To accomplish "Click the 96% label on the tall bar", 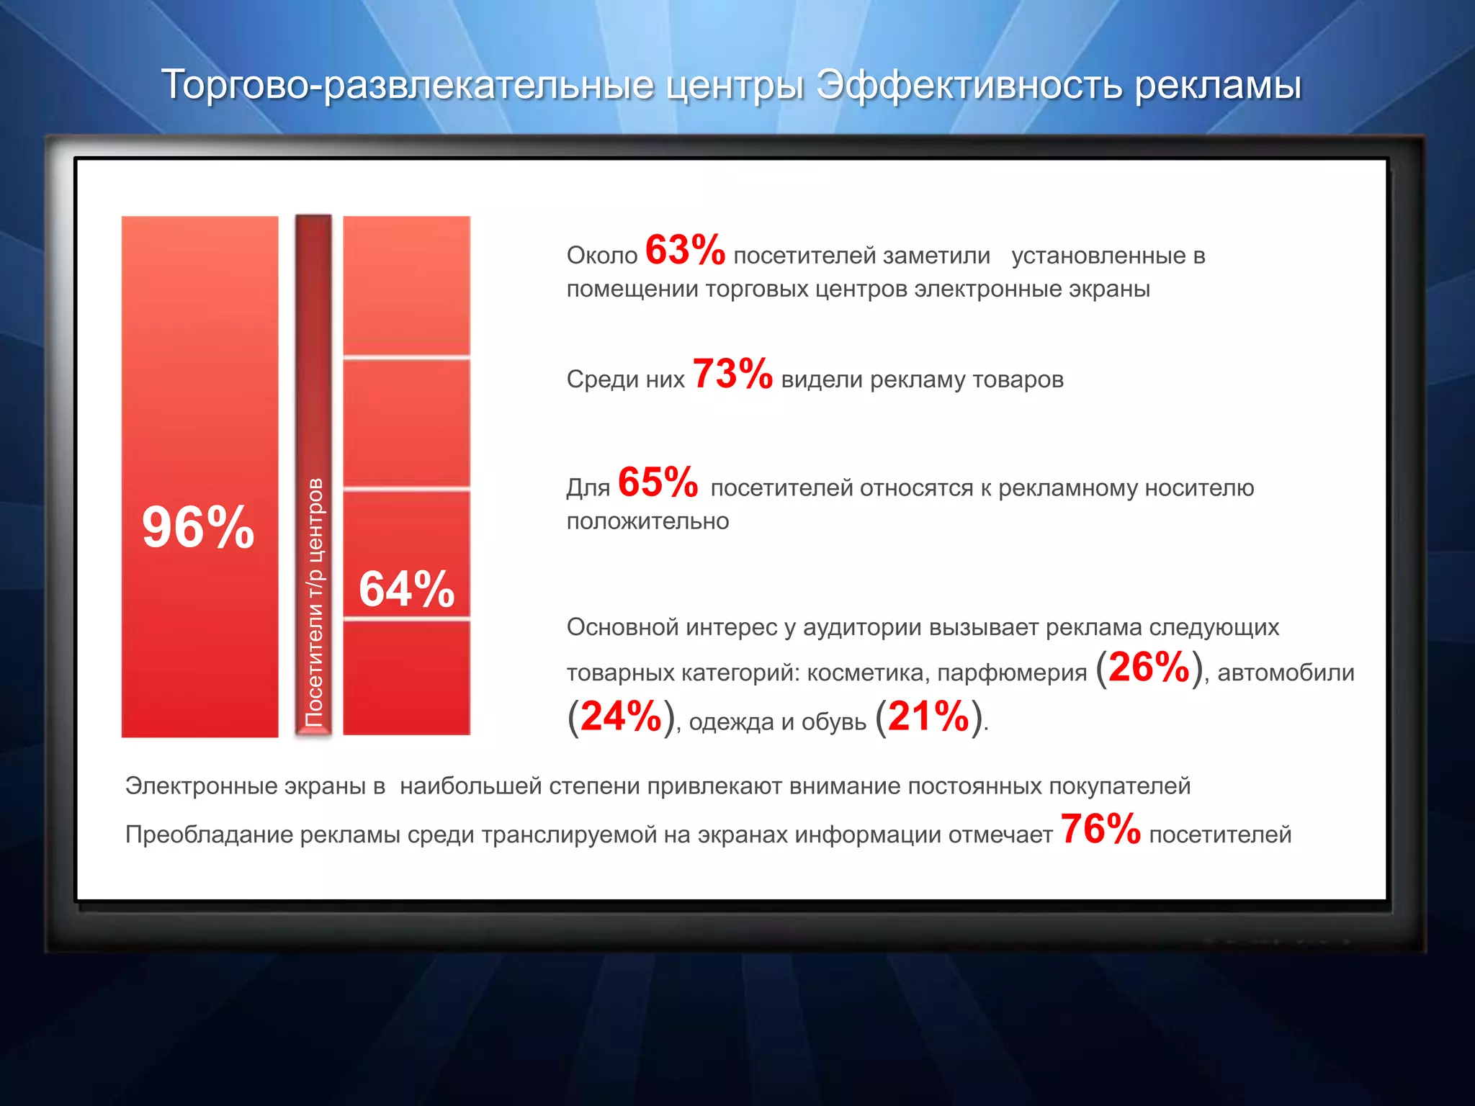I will (x=198, y=528).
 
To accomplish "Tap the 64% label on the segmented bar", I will (x=407, y=589).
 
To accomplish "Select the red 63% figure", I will (x=685, y=251).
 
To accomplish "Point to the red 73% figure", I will (x=732, y=374).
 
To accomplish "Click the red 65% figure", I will (x=658, y=482).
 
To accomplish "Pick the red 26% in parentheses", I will (x=1149, y=667).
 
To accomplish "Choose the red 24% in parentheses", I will (x=621, y=717).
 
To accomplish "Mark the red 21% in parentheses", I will (x=928, y=717).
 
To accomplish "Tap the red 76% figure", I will (x=1100, y=829).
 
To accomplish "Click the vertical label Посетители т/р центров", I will (x=314, y=602).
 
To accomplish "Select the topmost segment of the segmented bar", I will (x=406, y=284).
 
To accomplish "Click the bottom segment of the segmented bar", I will (x=406, y=677).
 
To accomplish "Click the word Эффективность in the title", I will (x=969, y=85).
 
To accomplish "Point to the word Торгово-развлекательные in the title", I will (x=408, y=85).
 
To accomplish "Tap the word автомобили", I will (x=1286, y=673).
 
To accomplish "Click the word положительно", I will (x=647, y=521).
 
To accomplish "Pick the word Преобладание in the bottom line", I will (x=209, y=835).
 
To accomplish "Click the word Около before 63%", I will (x=602, y=256).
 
